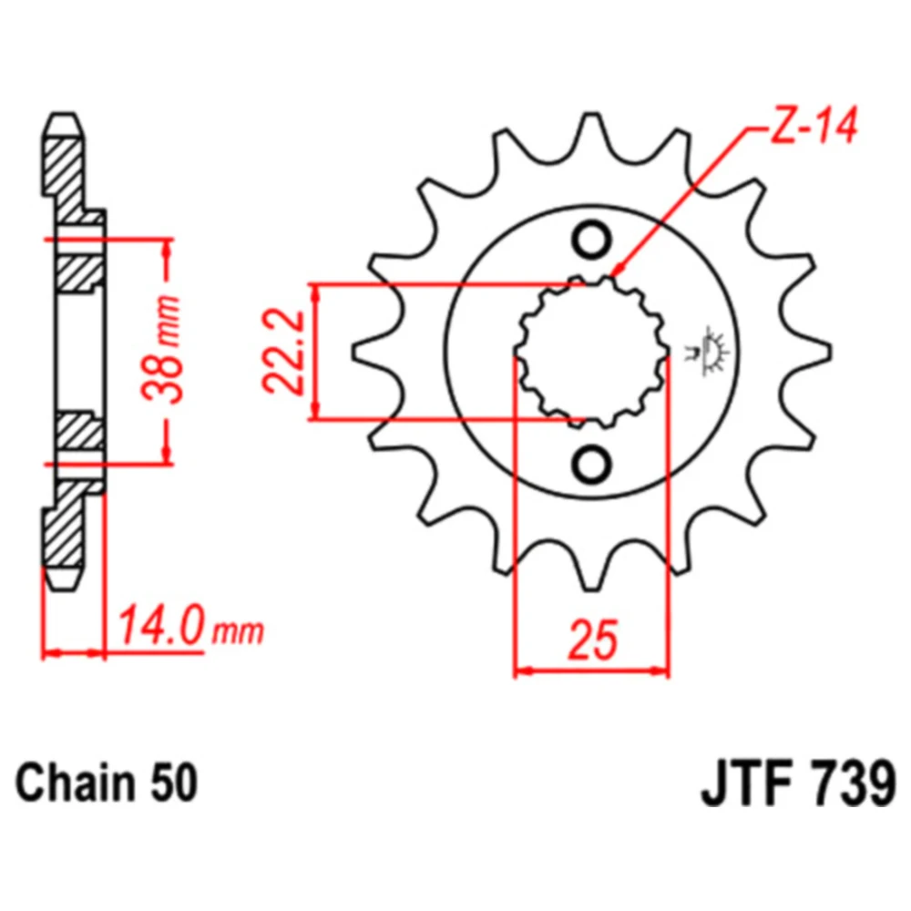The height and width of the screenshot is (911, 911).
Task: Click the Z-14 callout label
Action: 813,126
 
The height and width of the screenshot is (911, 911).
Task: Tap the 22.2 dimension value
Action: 283,352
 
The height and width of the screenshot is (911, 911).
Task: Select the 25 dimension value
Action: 593,640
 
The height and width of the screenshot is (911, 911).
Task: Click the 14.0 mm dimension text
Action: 190,628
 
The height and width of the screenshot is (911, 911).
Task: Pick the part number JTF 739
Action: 798,784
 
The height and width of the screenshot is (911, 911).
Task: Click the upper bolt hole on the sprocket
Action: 591,240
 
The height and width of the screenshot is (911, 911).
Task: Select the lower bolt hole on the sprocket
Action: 591,465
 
